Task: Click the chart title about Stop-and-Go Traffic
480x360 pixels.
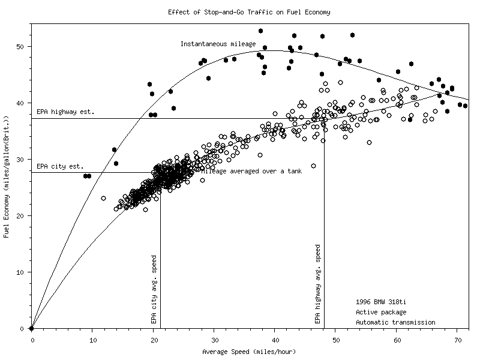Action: click(x=248, y=12)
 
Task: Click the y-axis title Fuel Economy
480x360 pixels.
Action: click(x=7, y=178)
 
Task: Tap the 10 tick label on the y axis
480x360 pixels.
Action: click(x=21, y=272)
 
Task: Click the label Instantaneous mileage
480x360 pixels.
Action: click(x=218, y=44)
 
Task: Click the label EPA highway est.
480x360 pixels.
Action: click(x=65, y=112)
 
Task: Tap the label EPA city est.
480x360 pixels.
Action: click(x=60, y=166)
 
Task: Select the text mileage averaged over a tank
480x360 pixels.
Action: click(x=251, y=171)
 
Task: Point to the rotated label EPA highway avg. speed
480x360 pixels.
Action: click(x=318, y=284)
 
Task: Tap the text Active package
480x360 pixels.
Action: click(x=380, y=312)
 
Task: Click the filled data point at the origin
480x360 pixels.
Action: click(x=32, y=328)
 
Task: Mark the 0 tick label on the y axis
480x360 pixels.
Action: click(x=23, y=329)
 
